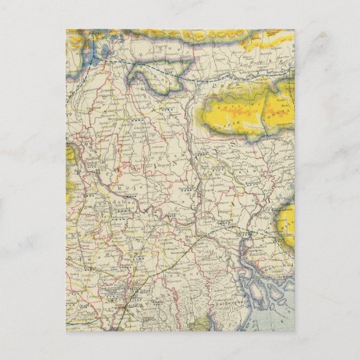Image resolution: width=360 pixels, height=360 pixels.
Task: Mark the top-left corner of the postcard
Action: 66,29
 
